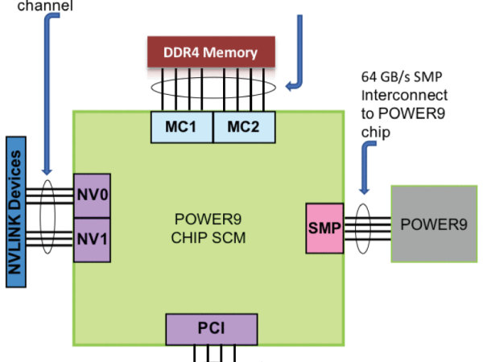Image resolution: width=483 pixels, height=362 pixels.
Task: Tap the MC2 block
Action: coord(244,125)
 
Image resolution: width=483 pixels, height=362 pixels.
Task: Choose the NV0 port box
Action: coord(91,195)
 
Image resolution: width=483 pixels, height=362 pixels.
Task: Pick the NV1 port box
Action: coord(91,240)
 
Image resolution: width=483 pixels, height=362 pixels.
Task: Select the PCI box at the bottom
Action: coord(212,328)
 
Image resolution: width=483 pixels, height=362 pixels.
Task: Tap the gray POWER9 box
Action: coord(433,224)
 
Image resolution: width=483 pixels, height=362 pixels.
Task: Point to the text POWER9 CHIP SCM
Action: coord(208,228)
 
